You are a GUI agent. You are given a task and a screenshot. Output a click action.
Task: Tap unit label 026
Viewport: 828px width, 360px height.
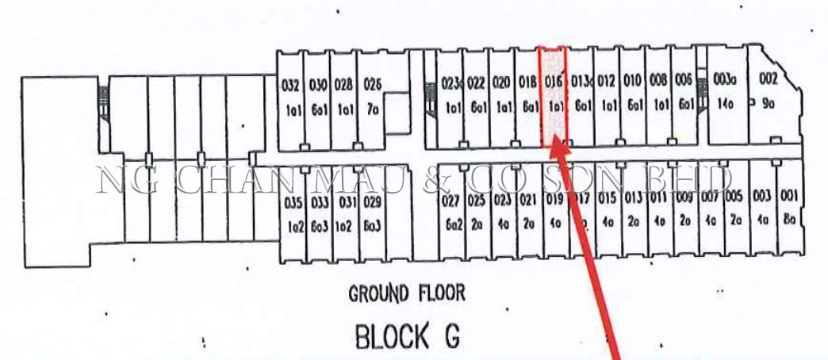[373, 84]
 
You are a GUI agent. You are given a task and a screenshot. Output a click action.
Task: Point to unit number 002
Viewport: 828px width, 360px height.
[768, 79]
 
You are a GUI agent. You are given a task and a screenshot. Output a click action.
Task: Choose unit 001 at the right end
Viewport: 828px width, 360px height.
[788, 197]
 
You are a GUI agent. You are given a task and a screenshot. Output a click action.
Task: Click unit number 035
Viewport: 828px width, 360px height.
[293, 203]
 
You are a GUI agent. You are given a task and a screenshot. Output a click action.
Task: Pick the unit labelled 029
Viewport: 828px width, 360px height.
[373, 203]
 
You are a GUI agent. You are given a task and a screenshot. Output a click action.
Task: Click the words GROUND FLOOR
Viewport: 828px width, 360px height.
[407, 294]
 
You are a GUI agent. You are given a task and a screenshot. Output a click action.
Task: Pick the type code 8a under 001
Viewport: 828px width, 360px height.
[788, 222]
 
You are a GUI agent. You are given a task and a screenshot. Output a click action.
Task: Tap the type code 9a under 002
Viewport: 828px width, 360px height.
[768, 102]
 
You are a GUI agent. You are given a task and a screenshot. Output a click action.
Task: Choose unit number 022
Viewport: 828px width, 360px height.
[477, 82]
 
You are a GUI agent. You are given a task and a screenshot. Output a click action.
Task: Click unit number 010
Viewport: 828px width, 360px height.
[632, 81]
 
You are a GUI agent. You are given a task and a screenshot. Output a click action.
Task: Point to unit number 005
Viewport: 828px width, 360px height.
[734, 197]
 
